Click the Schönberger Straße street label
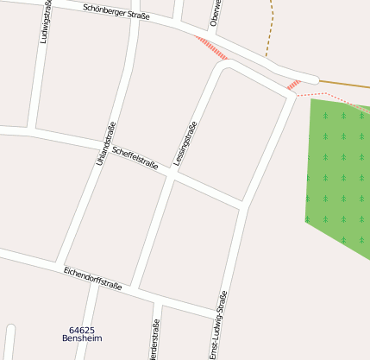click(x=116, y=12)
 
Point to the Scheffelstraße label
click(x=135, y=157)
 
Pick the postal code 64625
click(x=82, y=330)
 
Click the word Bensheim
click(x=82, y=339)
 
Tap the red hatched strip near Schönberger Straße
click(x=210, y=47)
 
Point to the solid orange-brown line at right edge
click(x=345, y=84)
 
